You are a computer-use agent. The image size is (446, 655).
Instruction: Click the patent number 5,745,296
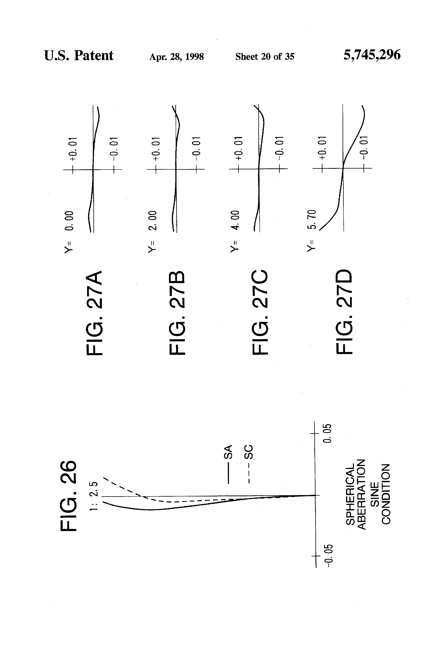[x=372, y=55]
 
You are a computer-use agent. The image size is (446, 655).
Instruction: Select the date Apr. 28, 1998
[x=176, y=57]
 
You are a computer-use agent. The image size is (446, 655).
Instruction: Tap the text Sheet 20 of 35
[x=265, y=57]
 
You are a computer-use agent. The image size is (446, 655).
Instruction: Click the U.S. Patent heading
[x=79, y=56]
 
